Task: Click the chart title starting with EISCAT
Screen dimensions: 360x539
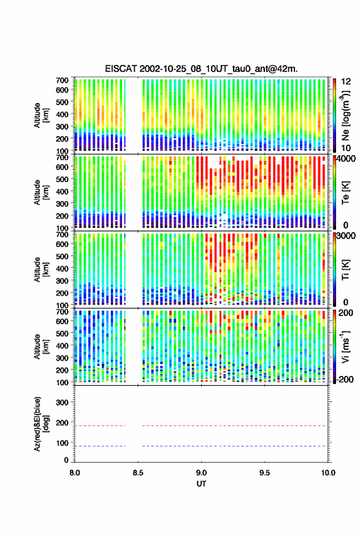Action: (x=201, y=69)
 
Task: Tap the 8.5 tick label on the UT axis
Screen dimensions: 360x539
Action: (x=138, y=473)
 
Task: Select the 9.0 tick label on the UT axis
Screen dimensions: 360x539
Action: (x=201, y=473)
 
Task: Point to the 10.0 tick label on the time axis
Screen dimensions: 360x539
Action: (x=328, y=473)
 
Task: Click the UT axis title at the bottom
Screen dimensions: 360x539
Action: (x=201, y=484)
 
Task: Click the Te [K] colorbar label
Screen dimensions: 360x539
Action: (x=345, y=193)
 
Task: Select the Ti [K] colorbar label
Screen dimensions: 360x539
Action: (x=345, y=270)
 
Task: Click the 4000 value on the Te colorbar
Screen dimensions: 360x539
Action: (x=345, y=159)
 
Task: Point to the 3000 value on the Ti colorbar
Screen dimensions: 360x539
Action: (x=345, y=236)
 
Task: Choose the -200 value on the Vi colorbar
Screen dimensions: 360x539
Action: (x=345, y=379)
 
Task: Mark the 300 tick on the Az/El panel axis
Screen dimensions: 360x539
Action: (x=62, y=402)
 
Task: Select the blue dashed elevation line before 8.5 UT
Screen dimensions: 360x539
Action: (x=100, y=446)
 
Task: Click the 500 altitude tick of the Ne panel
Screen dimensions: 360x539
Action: (x=62, y=102)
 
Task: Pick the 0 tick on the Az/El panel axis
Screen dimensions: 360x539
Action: (x=66, y=460)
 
